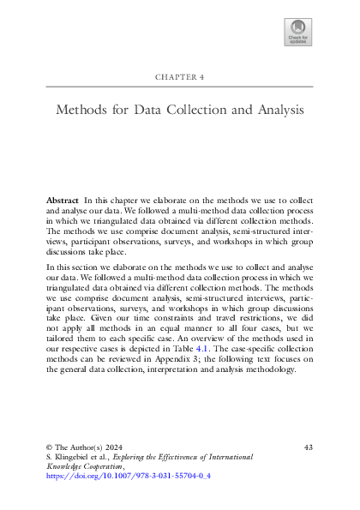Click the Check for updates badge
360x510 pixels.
(297, 33)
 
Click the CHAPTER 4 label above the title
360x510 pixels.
(179, 77)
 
